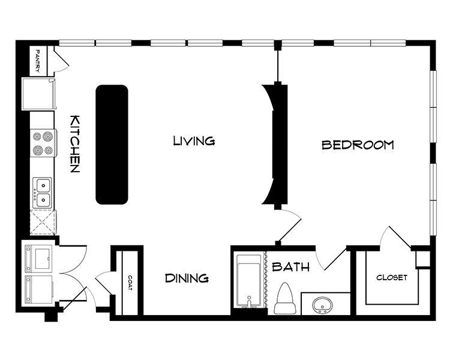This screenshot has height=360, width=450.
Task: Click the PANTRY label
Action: (37, 61)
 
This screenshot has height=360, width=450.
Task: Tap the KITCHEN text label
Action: (74, 144)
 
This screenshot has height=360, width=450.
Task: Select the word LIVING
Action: (194, 140)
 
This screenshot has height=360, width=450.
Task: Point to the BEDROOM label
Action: (358, 145)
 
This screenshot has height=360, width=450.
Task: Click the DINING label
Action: (187, 278)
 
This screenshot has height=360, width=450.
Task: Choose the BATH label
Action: (290, 267)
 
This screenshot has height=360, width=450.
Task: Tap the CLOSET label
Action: (392, 278)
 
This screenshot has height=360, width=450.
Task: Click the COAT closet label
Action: (130, 283)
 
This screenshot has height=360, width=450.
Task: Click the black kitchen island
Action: (112, 145)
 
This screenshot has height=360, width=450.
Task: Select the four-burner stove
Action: (43, 143)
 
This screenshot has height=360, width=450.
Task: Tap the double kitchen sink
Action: (43, 193)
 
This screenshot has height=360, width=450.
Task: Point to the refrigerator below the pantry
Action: (38, 94)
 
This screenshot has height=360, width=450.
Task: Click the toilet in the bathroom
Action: (285, 298)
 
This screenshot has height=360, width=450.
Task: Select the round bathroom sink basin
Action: (322, 305)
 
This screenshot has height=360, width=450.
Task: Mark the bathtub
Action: (249, 281)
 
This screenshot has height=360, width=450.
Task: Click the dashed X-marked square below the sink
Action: (43, 223)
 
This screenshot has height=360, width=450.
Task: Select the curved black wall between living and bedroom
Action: (275, 145)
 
